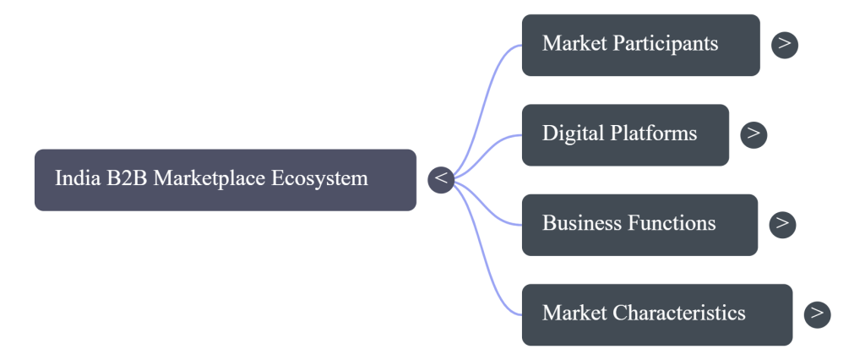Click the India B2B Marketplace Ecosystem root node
point(225,180)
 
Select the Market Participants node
point(640,45)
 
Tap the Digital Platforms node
point(624,134)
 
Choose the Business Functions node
point(639,224)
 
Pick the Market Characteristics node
point(656,314)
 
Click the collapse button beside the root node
point(441,179)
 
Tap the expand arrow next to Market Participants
point(785,44)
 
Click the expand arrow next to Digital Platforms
point(753,134)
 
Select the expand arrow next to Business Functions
point(783,223)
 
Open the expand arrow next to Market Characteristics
point(817,314)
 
